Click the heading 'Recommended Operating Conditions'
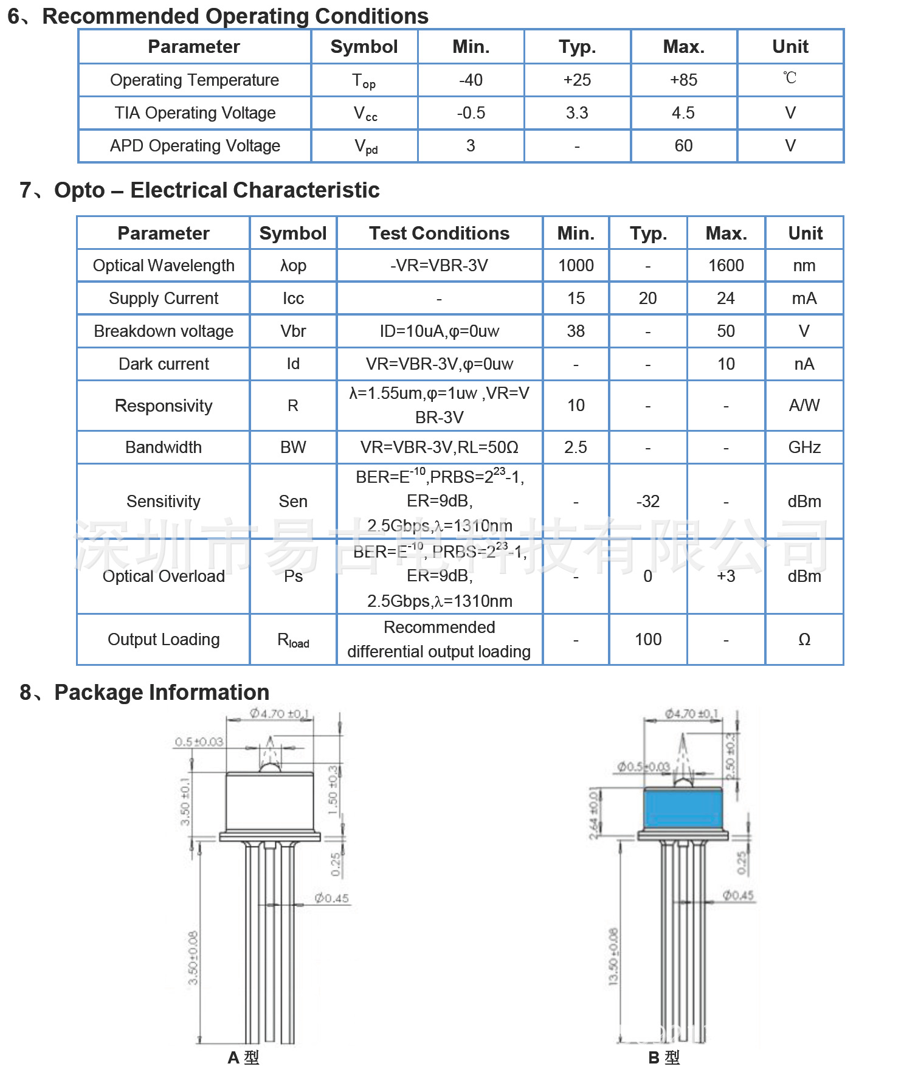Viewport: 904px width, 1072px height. (x=235, y=16)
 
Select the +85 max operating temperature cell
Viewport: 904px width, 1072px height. (x=683, y=80)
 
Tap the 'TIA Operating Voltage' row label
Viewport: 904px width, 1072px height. (x=195, y=113)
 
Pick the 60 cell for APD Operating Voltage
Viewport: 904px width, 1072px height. (x=683, y=146)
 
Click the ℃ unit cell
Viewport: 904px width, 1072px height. (x=790, y=78)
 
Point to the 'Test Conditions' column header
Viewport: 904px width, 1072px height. (x=439, y=233)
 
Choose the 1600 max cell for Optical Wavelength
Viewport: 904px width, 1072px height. (x=726, y=266)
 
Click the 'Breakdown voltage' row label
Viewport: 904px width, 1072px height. (x=164, y=331)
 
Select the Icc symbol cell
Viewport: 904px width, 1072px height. (x=293, y=299)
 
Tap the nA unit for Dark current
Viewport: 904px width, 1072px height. (x=804, y=364)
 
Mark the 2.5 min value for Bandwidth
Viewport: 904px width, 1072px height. (x=575, y=448)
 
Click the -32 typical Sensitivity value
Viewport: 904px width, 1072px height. (x=647, y=502)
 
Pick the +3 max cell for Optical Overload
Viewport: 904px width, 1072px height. (x=726, y=576)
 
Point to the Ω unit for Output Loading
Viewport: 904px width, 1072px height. (x=804, y=640)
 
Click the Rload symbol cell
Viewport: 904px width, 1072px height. (x=293, y=640)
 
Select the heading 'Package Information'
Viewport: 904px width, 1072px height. (x=162, y=693)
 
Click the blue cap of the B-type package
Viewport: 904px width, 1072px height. (x=683, y=809)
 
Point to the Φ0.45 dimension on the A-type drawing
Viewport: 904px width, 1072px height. (x=332, y=898)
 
